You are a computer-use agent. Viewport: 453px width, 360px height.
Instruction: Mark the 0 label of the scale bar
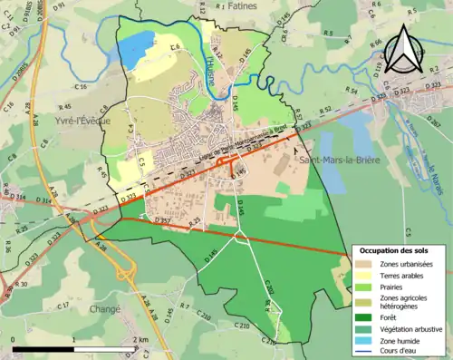click(14, 339)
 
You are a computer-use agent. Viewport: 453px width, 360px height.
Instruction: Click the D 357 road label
click(163, 220)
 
